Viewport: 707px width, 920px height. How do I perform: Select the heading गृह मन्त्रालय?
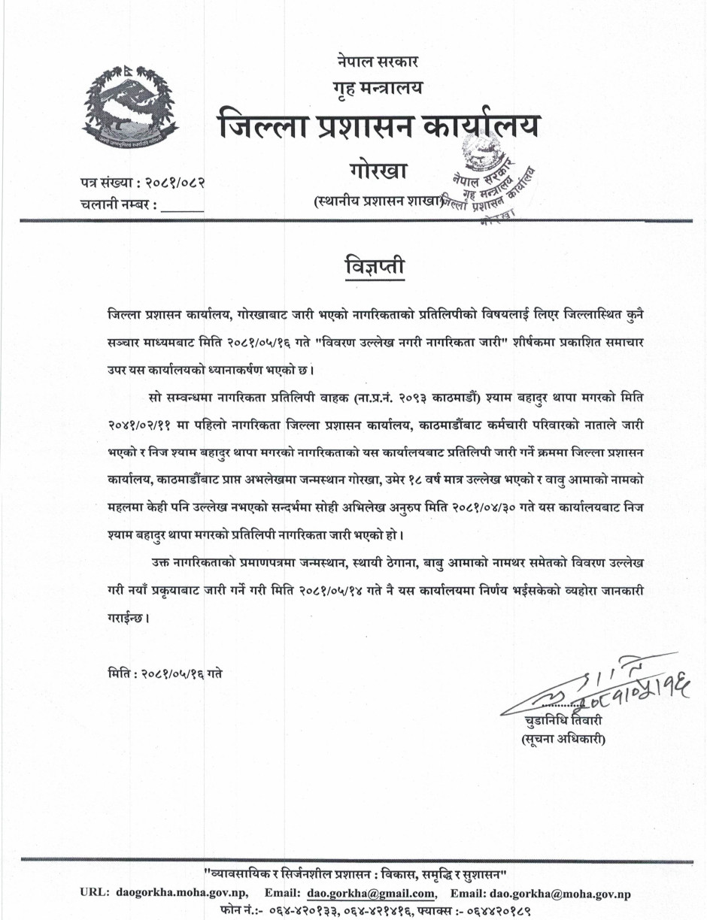(378, 88)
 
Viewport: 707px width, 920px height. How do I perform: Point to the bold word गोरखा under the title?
(378, 171)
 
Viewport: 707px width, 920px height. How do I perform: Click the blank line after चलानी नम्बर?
(182, 204)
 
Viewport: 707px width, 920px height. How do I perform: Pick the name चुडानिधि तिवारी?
(564, 722)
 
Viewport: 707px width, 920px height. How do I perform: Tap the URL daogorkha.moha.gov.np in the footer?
(184, 894)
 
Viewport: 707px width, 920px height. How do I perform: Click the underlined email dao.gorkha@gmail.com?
(372, 894)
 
